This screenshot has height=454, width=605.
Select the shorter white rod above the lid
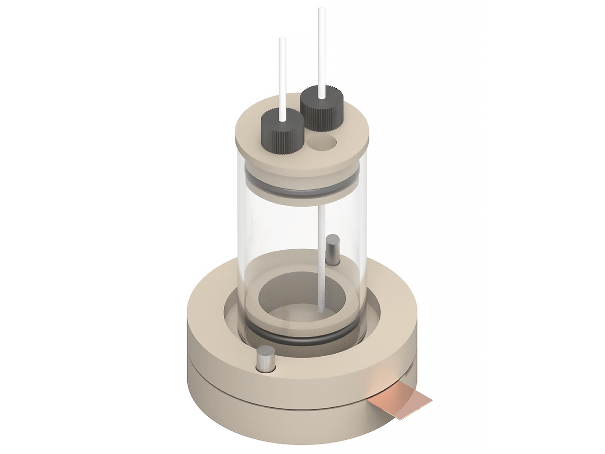point(281,76)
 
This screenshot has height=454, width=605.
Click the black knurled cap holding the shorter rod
point(282,130)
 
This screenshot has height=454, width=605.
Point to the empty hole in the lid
point(323,143)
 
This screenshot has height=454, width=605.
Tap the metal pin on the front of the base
point(265,359)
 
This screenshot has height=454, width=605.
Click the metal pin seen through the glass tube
point(333,249)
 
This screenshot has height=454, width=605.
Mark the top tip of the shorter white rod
point(281,40)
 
